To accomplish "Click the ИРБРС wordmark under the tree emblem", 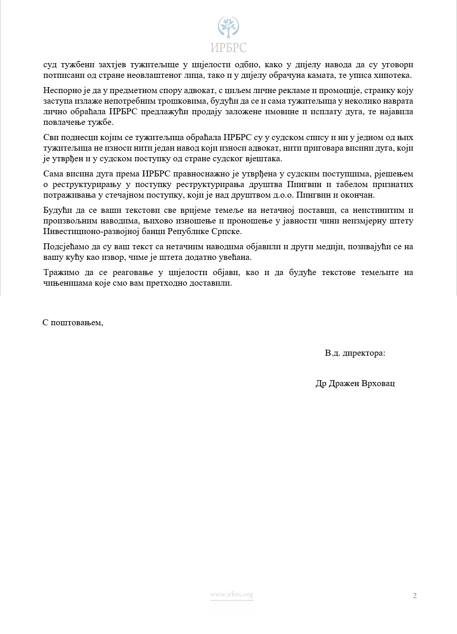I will [x=228, y=47].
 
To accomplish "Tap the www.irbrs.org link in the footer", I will [x=232, y=595].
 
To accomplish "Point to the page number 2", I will [x=415, y=596].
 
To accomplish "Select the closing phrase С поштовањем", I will [x=73, y=323].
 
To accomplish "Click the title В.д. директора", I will [x=355, y=353].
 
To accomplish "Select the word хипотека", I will [x=396, y=76].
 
